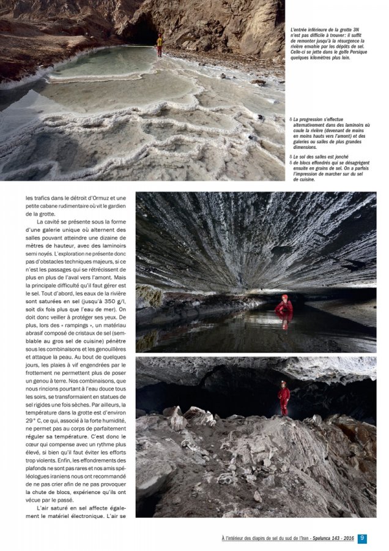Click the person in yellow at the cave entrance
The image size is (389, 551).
160,43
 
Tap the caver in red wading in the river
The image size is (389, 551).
284,304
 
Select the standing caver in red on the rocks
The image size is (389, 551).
283,398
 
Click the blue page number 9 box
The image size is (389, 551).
363,539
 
